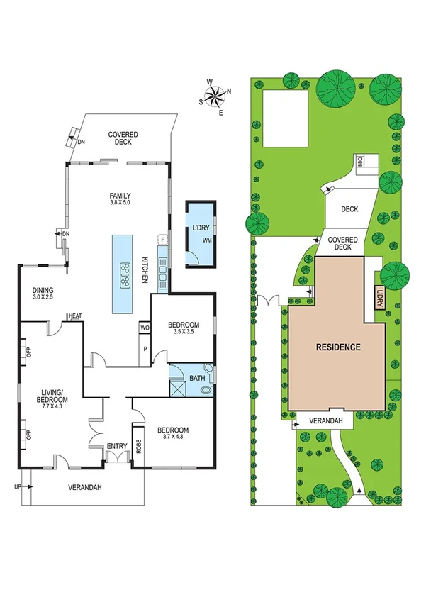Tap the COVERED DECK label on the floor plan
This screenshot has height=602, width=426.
[123, 138]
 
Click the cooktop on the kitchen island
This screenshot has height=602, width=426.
[126, 275]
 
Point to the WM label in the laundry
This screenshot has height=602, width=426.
[207, 240]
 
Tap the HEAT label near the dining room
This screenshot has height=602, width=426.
[74, 316]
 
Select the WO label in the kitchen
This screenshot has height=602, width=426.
[145, 328]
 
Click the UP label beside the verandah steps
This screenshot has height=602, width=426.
[17, 487]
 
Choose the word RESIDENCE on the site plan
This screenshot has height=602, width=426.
[338, 347]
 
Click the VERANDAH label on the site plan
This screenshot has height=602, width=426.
[332, 421]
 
